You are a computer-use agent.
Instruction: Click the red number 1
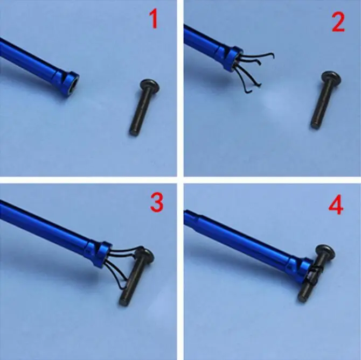click(x=154, y=20)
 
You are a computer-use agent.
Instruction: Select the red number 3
click(x=156, y=203)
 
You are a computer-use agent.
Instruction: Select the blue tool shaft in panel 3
click(x=48, y=226)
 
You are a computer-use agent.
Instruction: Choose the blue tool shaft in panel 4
click(x=242, y=237)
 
